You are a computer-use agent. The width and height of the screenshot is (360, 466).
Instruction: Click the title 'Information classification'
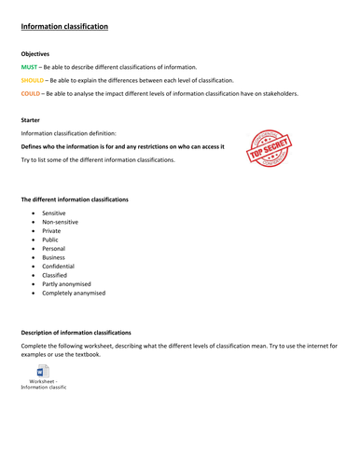(64, 27)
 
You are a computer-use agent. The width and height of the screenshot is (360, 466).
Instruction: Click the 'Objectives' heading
(35, 54)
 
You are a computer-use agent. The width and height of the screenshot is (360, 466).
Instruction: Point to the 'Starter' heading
(31, 119)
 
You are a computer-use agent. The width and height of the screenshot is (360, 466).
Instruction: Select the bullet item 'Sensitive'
(54, 212)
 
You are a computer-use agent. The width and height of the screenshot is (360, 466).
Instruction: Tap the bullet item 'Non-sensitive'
(61, 223)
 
